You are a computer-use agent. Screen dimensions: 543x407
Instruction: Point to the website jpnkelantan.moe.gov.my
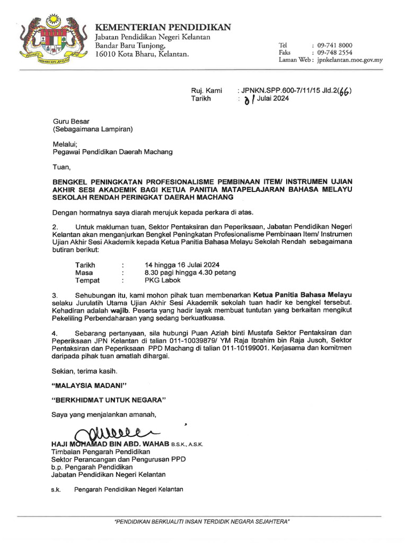pos(350,60)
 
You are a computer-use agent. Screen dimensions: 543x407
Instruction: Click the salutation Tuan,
pos(61,167)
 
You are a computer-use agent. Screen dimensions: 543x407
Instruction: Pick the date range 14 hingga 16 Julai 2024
pos(182,265)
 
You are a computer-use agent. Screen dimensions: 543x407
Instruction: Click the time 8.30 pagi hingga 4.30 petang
pos(190,273)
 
